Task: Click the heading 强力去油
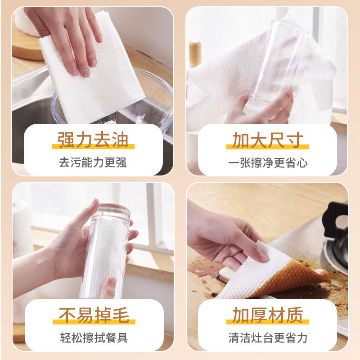(x=93, y=140)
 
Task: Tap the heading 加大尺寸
(x=267, y=140)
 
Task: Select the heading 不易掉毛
(x=93, y=315)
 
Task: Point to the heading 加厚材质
(x=267, y=315)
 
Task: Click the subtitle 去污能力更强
(x=93, y=162)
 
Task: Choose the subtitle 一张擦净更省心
(x=267, y=162)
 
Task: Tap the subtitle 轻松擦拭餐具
(x=93, y=337)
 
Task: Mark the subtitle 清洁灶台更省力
(x=267, y=337)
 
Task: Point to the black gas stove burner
(x=337, y=234)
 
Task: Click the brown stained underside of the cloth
(x=292, y=274)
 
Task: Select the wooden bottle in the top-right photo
(x=195, y=54)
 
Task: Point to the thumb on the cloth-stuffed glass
(x=108, y=288)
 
